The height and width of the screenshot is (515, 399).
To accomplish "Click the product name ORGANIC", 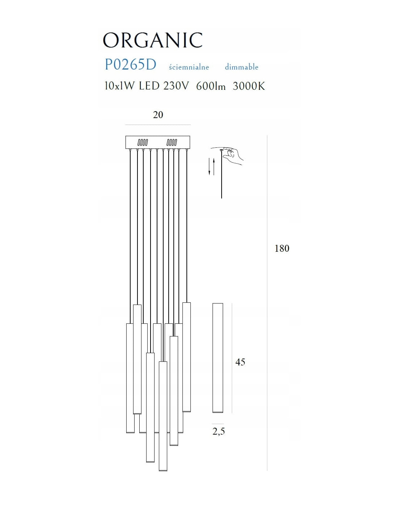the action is pos(152,41).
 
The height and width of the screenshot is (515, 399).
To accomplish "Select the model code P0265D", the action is pos(130,64).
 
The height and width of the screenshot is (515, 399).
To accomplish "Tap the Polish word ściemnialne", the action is pos(189,67).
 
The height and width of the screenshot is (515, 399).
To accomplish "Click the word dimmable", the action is pos(241,67).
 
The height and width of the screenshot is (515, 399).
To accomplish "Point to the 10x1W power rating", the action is pos(119,86).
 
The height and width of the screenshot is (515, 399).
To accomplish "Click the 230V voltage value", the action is pos(176,86).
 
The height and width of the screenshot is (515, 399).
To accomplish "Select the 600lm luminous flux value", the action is pos(210,86).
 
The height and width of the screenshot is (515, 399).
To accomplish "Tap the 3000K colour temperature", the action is pos(248,86).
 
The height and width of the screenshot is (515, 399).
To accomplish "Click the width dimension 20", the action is pos(158,115).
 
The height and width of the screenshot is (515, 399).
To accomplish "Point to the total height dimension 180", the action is pos(282,248).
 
